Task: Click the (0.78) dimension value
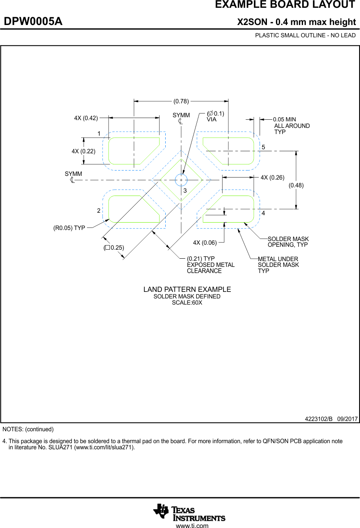[x=181, y=101]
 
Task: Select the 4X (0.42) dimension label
[x=86, y=118]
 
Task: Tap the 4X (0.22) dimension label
[x=83, y=151]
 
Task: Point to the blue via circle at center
[x=181, y=180]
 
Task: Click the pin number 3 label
[x=185, y=191]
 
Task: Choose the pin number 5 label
[x=263, y=147]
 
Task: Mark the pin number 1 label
[x=99, y=134]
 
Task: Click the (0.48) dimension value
[x=296, y=185]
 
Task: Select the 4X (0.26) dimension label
[x=272, y=178]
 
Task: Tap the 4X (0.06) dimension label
[x=205, y=243]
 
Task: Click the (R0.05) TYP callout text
[x=69, y=228]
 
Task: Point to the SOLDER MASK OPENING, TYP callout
[x=288, y=242]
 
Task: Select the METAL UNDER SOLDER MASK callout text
[x=278, y=265]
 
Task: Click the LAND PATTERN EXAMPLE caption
[x=187, y=289]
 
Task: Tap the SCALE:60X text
[x=187, y=303]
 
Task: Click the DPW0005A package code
[x=33, y=21]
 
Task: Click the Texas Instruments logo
[x=189, y=512]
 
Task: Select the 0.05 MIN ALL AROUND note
[x=292, y=126]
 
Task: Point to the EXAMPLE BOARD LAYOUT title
[x=285, y=5]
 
